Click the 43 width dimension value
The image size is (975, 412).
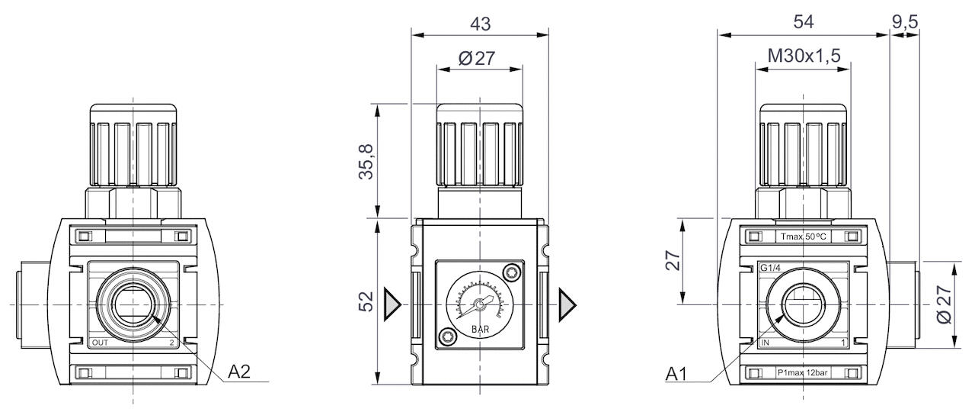tap(480, 23)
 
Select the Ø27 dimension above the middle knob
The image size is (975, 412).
tap(478, 59)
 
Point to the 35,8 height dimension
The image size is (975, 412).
tap(367, 161)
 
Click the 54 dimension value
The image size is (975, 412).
tap(804, 22)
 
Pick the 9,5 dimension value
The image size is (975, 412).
tap(905, 22)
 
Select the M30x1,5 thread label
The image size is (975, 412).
tap(803, 56)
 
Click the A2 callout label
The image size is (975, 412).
tap(239, 372)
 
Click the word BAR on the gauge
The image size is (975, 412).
tap(479, 329)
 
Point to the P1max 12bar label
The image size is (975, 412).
tap(804, 373)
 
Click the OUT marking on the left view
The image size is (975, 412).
tap(100, 343)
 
